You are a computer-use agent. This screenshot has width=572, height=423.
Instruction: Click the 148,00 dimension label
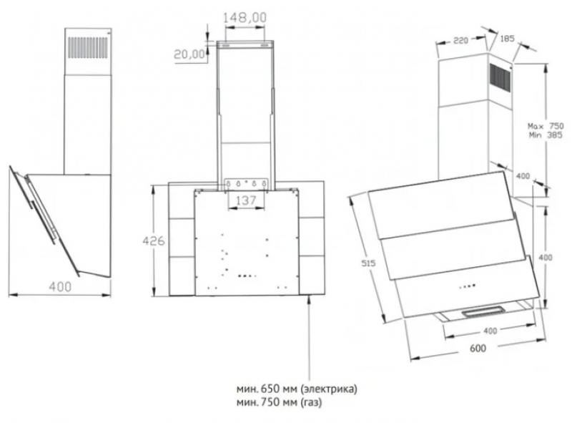(x=245, y=17)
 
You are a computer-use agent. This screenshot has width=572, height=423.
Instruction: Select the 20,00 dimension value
(x=189, y=54)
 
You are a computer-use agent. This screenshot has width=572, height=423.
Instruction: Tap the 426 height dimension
(x=153, y=240)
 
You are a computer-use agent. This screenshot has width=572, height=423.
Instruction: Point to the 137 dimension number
(x=246, y=200)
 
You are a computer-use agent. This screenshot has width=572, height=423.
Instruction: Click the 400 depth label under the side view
(x=60, y=287)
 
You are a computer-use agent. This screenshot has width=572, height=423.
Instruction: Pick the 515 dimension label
(x=368, y=263)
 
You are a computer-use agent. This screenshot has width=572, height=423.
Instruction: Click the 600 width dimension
(x=478, y=348)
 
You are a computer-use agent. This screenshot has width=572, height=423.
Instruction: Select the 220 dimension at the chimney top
(x=460, y=40)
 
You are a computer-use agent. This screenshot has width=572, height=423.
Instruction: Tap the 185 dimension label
(x=507, y=38)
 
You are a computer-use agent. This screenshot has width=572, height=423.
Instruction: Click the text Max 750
(x=546, y=126)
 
